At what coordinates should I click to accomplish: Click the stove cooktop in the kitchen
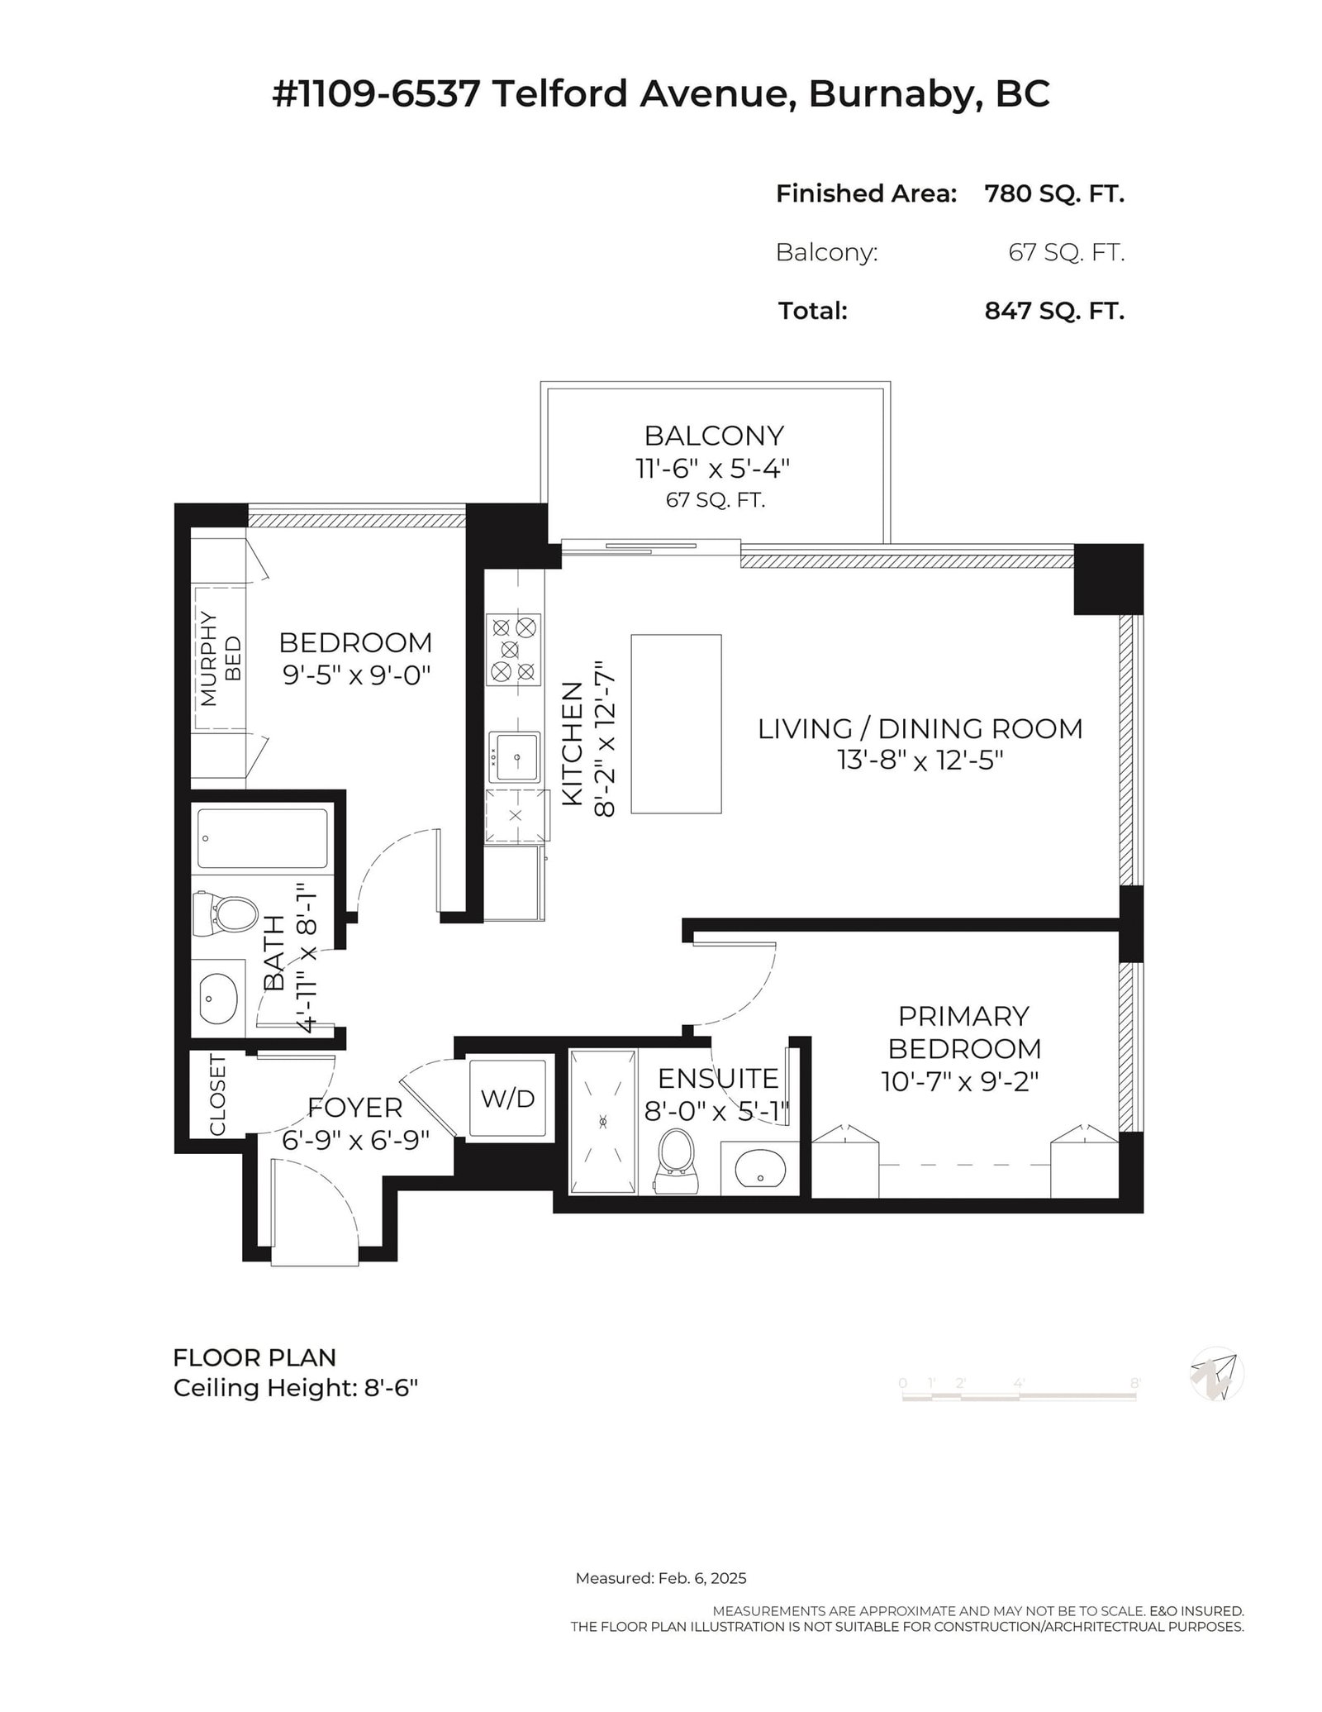tap(514, 650)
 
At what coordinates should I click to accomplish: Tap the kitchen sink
tap(514, 756)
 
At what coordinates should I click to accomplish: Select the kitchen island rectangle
tap(676, 724)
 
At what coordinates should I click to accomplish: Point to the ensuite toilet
tap(676, 1161)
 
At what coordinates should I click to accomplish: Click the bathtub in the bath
tap(262, 839)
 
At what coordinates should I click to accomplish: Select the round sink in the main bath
tap(219, 999)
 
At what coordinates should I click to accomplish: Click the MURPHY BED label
tap(221, 659)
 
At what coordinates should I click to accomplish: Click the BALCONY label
tap(714, 435)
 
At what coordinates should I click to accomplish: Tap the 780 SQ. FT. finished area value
tap(1054, 194)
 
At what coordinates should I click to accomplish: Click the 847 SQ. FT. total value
tap(1054, 311)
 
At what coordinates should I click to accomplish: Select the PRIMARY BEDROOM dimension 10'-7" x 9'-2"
tap(960, 1081)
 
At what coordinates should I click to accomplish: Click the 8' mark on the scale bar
tap(1135, 1382)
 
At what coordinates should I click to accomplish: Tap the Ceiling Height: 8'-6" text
tap(296, 1388)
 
